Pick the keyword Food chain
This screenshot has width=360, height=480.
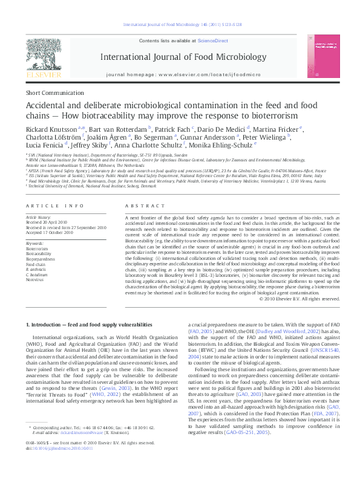click(x=35, y=264)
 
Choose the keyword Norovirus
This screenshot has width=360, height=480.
click(x=34, y=280)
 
